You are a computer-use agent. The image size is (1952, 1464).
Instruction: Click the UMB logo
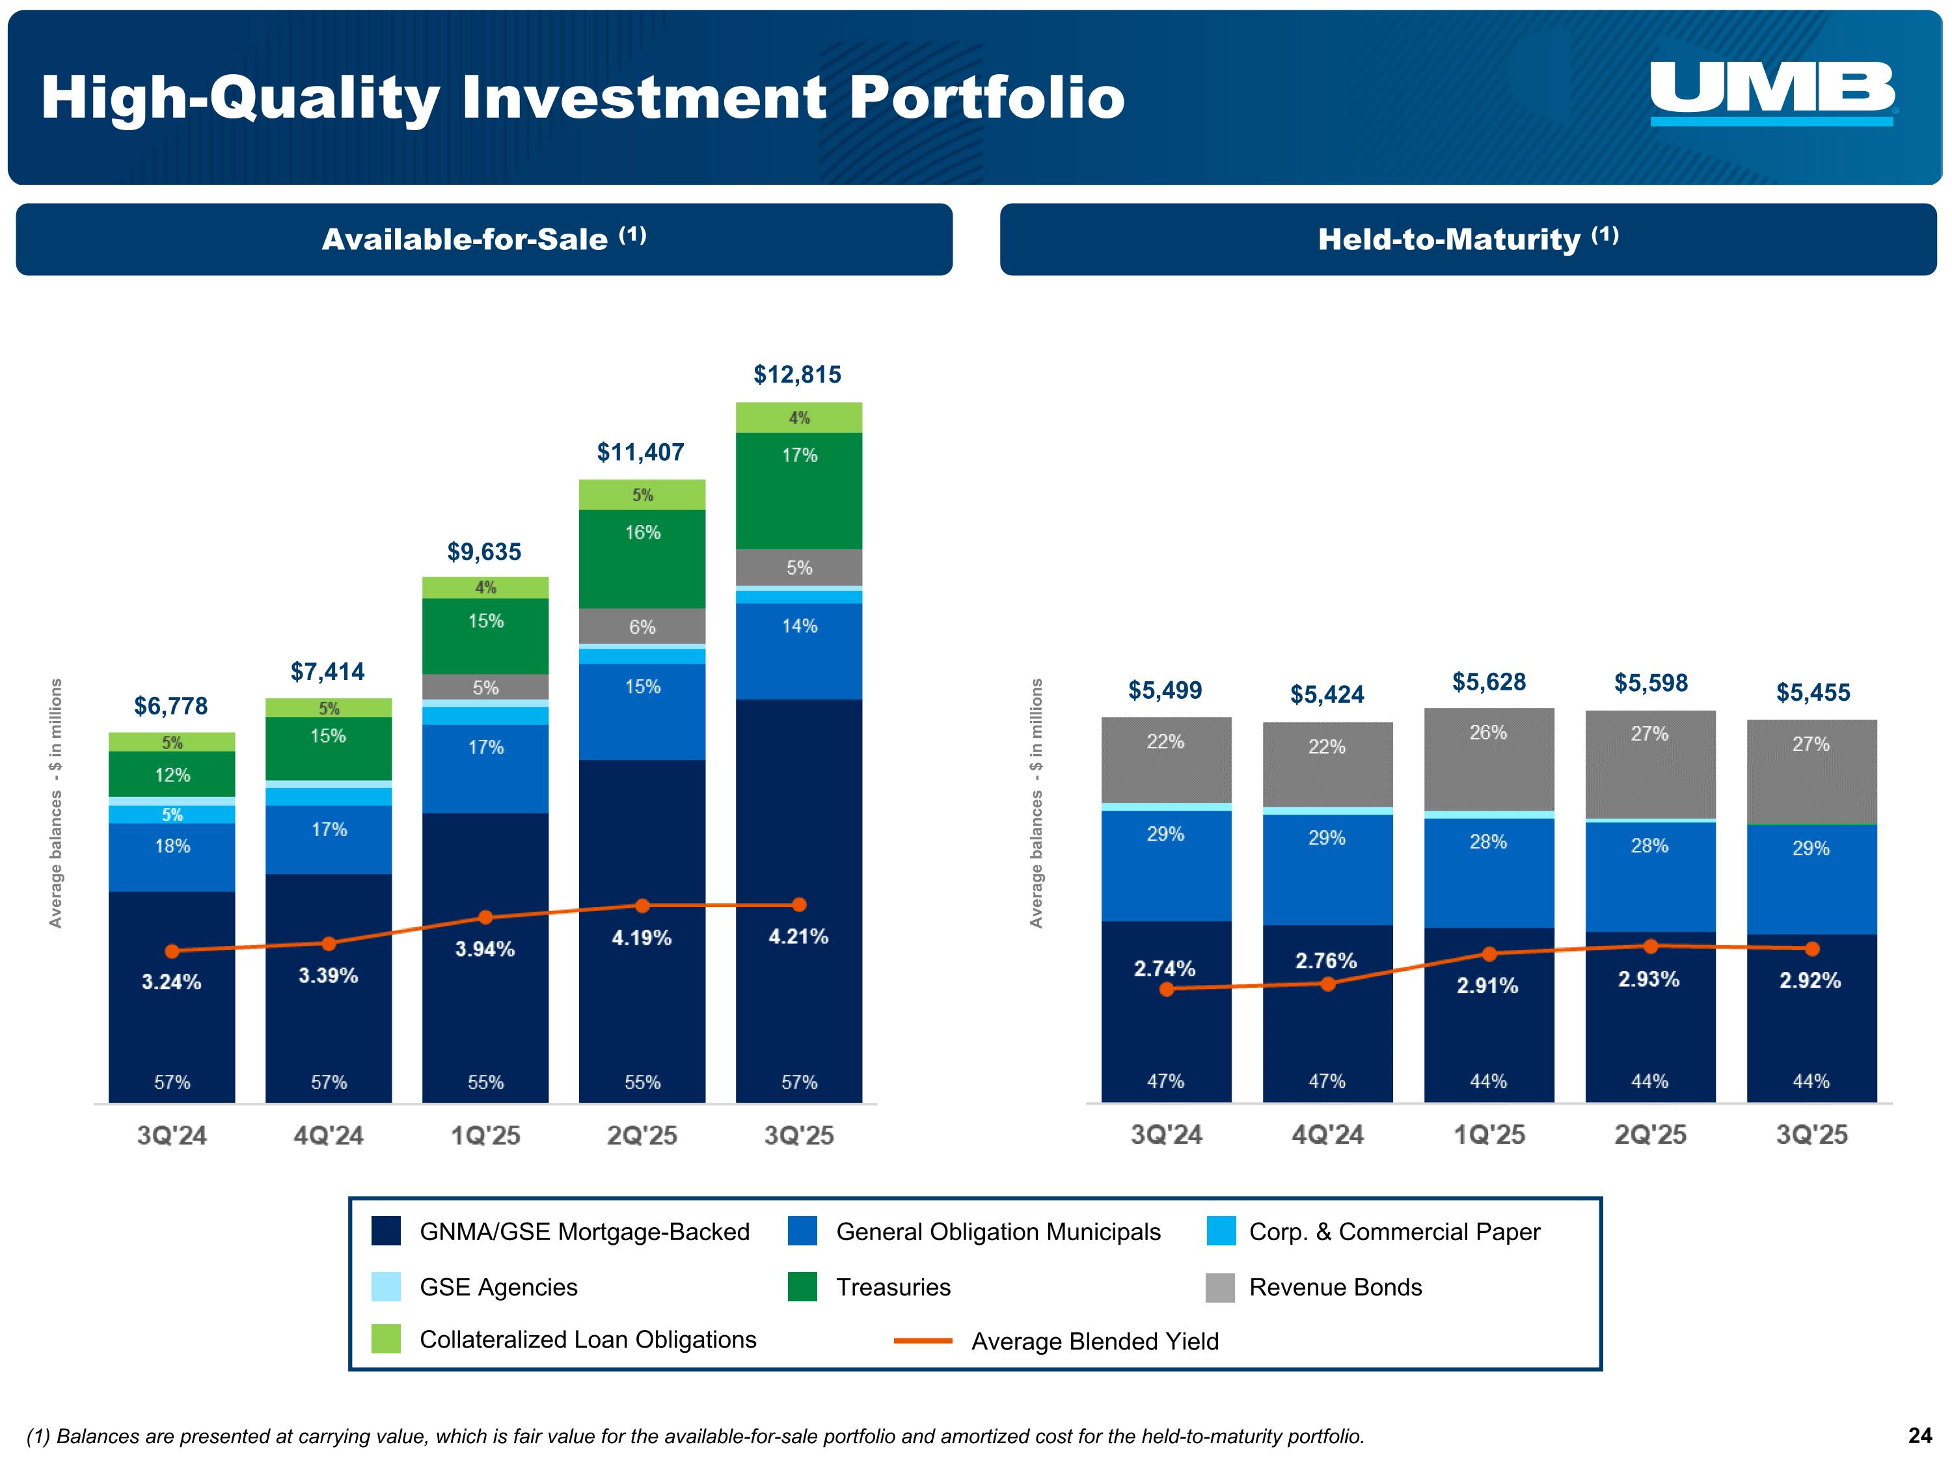coord(1772,92)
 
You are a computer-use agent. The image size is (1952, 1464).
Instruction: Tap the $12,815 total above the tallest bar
coord(797,374)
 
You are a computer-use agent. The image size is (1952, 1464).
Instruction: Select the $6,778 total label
coord(170,706)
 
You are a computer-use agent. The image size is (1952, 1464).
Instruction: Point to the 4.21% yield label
coord(798,936)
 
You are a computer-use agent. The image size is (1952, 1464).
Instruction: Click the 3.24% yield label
coord(171,981)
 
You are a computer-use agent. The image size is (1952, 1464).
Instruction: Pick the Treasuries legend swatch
coord(802,1286)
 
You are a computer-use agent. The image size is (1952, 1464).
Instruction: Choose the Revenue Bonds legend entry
coord(1335,1286)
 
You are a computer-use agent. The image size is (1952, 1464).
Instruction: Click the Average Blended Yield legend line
coord(923,1340)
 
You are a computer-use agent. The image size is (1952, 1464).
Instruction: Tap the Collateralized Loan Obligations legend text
coord(588,1340)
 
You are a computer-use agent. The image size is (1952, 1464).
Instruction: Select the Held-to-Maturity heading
coord(1467,239)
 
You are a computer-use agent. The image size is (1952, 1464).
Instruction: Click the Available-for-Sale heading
coord(483,239)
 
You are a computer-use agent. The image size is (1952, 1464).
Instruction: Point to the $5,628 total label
coord(1489,681)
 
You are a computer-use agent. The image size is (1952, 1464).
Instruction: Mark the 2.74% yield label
coord(1164,968)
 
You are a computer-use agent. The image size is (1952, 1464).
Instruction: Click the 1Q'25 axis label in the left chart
coord(485,1135)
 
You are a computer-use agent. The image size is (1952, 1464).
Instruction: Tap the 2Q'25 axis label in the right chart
coord(1650,1134)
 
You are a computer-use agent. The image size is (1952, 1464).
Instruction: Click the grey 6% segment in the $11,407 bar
coord(642,627)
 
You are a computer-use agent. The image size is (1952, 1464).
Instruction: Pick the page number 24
coord(1919,1436)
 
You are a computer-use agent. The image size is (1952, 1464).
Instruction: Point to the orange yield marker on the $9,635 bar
coord(485,917)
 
